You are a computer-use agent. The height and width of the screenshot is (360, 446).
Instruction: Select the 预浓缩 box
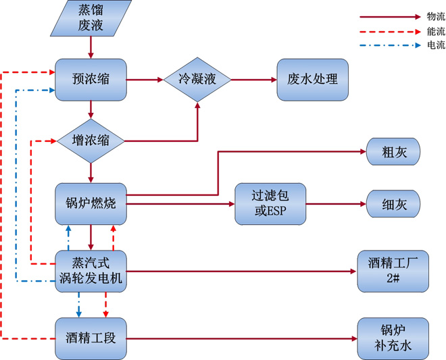(90, 79)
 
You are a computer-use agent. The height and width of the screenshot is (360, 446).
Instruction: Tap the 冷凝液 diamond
(197, 79)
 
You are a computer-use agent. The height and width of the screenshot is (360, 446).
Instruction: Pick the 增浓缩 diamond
(90, 141)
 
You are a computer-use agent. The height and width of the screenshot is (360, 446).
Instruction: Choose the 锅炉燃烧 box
(90, 203)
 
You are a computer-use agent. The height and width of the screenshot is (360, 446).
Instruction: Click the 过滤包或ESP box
(270, 203)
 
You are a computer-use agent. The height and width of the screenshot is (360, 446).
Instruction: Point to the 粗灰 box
(393, 151)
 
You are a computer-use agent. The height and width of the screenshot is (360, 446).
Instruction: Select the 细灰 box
(393, 203)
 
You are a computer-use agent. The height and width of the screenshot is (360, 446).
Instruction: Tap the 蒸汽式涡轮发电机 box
(90, 271)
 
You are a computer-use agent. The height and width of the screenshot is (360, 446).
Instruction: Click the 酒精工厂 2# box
(392, 271)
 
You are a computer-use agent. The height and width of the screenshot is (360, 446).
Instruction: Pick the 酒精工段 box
(90, 338)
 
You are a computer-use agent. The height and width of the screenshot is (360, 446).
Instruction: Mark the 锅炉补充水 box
(392, 338)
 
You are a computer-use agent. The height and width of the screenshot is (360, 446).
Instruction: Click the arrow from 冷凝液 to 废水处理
(254, 79)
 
